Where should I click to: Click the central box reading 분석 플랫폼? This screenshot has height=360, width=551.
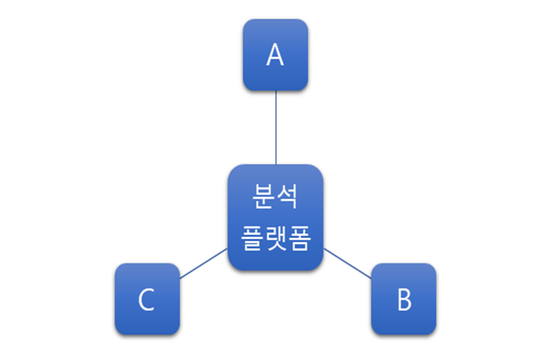[x=275, y=216]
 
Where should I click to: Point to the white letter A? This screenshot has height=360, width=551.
[x=275, y=56]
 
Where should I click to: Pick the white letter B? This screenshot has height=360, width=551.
[x=404, y=300]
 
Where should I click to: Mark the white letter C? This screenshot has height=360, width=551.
[x=146, y=300]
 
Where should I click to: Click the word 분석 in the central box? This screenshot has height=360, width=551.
[x=275, y=195]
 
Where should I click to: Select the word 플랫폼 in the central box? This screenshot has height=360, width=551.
[x=275, y=238]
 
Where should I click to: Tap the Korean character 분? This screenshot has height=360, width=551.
[x=263, y=195]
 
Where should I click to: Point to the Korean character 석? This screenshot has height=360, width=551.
[x=287, y=195]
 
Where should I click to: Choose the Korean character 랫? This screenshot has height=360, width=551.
[x=275, y=238]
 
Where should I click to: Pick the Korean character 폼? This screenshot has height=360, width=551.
[x=299, y=238]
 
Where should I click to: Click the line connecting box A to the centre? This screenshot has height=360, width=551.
[x=275, y=128]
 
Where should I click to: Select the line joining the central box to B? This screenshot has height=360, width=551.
[x=348, y=262]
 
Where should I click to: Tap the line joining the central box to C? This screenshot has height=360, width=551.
[x=203, y=263]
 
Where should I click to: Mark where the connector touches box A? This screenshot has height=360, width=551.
[x=275, y=92]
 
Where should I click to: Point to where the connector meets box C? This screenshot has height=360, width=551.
[x=179, y=278]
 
